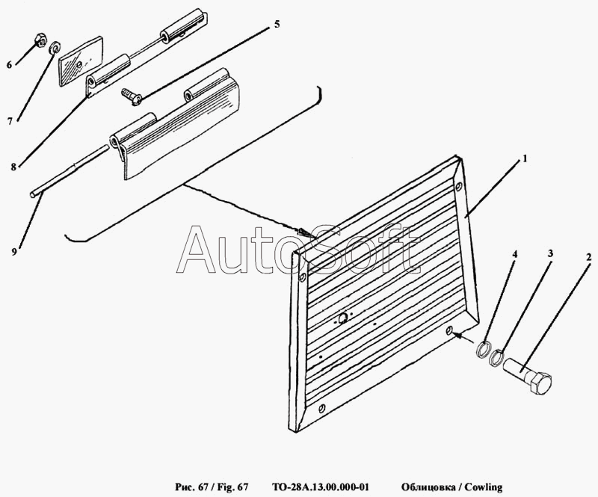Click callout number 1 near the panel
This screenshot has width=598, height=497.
525,158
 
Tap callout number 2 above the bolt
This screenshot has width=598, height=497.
588,257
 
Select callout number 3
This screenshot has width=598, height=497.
551,253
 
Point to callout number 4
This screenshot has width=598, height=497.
514,254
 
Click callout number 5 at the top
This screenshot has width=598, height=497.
277,25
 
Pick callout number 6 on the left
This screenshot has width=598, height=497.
9,65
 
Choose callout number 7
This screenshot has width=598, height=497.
10,122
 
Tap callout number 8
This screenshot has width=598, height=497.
13,167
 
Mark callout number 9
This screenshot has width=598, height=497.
14,252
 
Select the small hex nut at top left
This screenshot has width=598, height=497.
40,40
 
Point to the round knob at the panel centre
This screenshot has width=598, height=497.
343,318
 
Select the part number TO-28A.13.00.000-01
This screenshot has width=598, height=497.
321,487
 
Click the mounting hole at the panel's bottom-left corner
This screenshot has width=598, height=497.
323,409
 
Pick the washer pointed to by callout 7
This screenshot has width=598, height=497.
55,47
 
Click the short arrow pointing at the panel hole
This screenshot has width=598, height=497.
463,337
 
